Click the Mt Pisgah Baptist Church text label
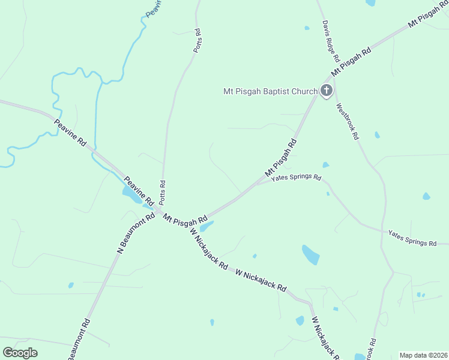point(270,92)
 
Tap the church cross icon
point(326,91)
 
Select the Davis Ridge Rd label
point(331,43)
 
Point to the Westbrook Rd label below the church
point(348,122)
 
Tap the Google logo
point(20,353)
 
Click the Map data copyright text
point(423,355)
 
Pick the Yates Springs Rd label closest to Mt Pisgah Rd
point(296,178)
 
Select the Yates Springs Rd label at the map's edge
point(412,238)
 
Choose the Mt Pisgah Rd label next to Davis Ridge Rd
point(352,59)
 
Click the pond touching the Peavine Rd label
point(131,193)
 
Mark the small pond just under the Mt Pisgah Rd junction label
point(206,227)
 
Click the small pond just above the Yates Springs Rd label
point(325,165)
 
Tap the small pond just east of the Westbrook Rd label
point(377,135)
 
